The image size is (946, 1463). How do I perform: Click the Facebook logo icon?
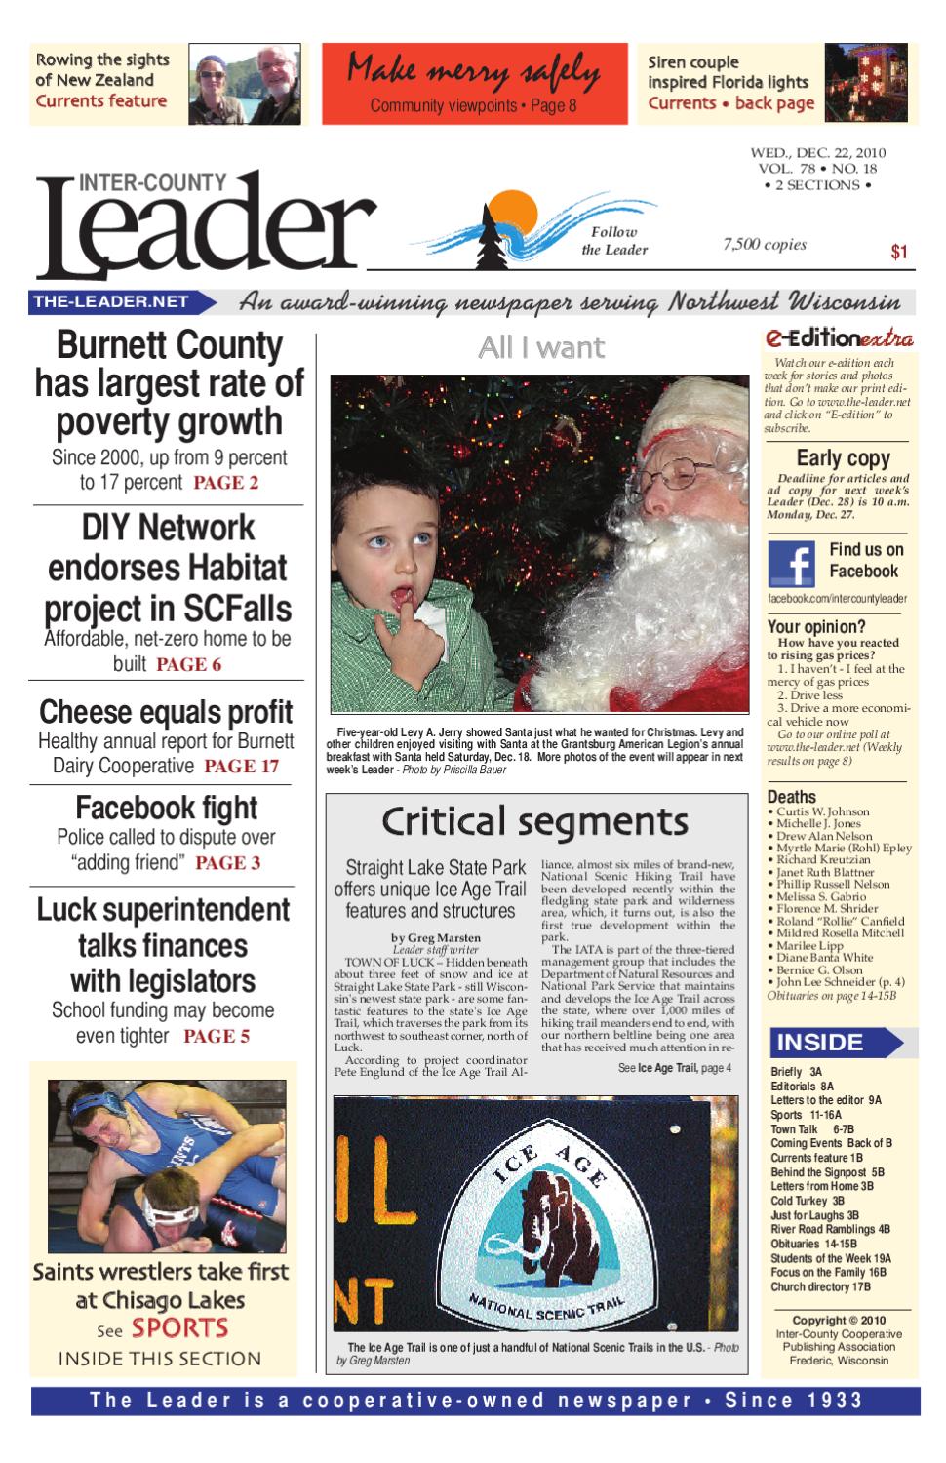(791, 563)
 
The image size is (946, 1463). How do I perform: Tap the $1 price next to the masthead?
(899, 253)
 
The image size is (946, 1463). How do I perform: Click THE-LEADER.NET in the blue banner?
(110, 302)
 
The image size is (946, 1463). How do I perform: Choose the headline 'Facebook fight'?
(167, 808)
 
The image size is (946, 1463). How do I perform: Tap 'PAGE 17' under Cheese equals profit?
(241, 767)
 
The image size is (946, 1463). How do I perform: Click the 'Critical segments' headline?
(533, 821)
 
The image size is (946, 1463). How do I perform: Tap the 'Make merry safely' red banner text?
(474, 70)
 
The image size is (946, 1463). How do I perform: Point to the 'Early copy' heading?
(843, 457)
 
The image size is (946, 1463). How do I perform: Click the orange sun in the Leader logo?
(508, 210)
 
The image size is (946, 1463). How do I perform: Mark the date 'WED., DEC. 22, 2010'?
(817, 152)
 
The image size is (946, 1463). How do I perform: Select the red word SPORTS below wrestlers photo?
(179, 1327)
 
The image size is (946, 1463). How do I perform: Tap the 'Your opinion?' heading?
(815, 627)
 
